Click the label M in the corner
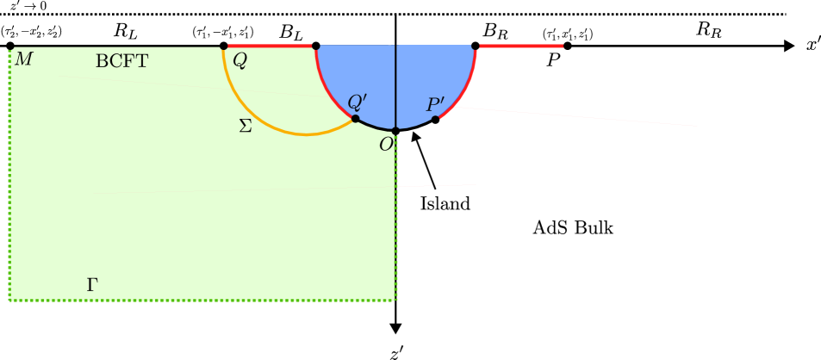coord(23,60)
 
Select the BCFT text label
coord(121,62)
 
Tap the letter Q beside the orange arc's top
coord(239,61)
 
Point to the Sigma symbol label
coord(246,127)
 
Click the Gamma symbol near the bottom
coord(92,285)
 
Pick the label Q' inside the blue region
coord(357,102)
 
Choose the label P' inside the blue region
coord(435,106)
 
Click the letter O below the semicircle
coord(386,145)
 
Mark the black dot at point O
coord(395,131)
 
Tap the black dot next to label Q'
coord(355,119)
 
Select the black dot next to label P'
coord(436,120)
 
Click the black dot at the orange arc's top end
coord(224,47)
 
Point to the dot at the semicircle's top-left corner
coord(316,46)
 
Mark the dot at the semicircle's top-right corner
coord(475,46)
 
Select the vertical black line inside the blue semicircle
coord(395,86)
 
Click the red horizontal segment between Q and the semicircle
coord(270,46)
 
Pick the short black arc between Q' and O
coord(374,127)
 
